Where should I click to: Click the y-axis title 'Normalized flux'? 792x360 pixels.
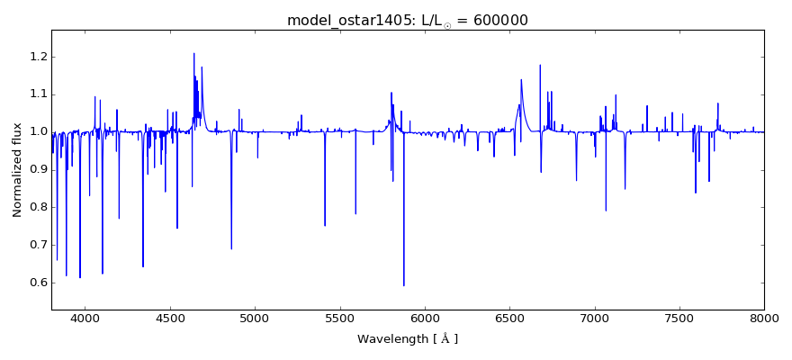click(17, 170)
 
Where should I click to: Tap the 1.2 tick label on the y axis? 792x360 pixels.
click(36, 57)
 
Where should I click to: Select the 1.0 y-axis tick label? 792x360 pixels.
click(36, 132)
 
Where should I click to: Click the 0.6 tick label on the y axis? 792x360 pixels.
click(36, 283)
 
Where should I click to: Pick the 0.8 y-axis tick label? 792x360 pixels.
click(36, 207)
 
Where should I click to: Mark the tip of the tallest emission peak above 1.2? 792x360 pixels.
click(193, 53)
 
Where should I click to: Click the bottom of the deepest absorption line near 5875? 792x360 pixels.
click(403, 285)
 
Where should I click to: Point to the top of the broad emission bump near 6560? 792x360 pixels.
click(521, 79)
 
